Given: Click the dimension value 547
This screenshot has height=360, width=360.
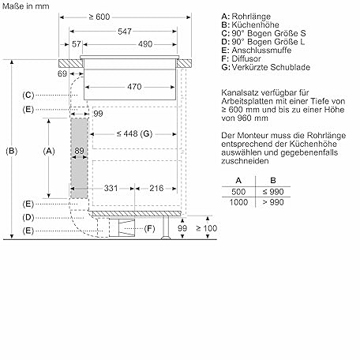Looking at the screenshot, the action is point(125,32).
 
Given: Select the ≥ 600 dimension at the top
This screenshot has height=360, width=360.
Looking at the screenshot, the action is point(99,17).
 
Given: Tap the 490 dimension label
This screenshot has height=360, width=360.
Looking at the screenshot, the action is point(145,44).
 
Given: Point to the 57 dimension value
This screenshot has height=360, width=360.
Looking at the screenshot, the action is point(77,44).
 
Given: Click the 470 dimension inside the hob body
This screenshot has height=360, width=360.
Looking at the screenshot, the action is point(134,87).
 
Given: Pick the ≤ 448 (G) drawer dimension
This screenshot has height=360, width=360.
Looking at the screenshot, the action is point(134,133).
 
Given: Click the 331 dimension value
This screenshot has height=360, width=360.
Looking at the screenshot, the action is point(111,188).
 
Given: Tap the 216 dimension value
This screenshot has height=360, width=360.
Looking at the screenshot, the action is point(156,188).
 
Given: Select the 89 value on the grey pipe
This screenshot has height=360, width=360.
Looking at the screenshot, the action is point(79,151).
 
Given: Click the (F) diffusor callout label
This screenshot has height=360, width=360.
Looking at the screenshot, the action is point(149,228).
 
